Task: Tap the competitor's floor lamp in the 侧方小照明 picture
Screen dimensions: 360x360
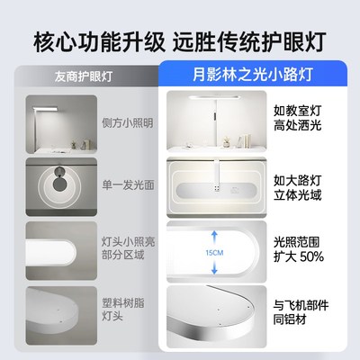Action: (40, 121)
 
